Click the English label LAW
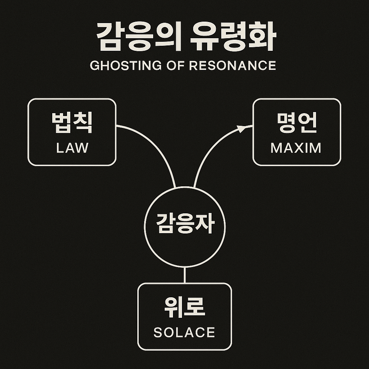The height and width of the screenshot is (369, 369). coord(72,148)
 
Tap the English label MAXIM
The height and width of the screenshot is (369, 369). coord(296,148)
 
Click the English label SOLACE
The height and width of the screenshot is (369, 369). coord(184,332)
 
